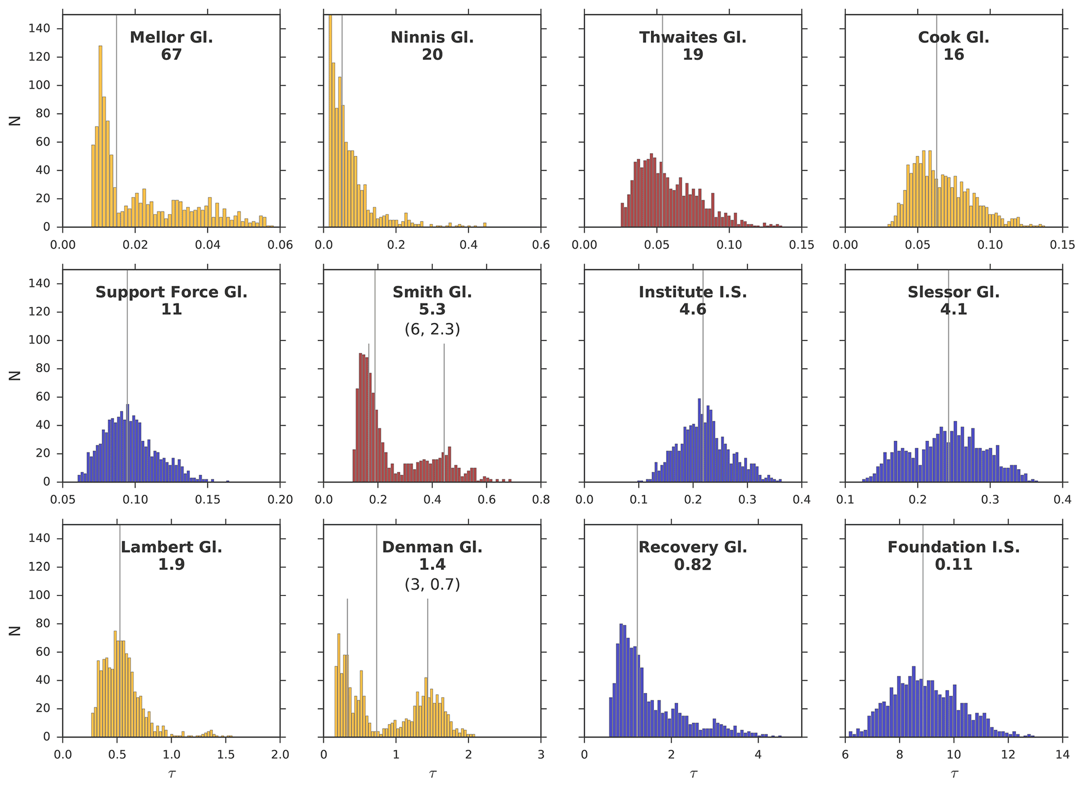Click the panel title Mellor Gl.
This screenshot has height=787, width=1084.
point(171,37)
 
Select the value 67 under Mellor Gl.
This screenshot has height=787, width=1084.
point(171,55)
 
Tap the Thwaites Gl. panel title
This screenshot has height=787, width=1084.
point(692,37)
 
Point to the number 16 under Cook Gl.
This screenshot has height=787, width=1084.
point(953,55)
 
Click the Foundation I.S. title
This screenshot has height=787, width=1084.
point(953,547)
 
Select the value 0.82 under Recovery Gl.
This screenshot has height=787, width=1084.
point(692,565)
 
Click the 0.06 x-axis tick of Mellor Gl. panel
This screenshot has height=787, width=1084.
point(280,244)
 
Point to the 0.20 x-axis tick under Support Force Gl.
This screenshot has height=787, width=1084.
point(280,499)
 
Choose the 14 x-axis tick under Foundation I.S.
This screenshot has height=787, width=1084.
point(1062,754)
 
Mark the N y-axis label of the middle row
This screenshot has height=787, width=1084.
point(15,376)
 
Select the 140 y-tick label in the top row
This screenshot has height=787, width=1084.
point(39,29)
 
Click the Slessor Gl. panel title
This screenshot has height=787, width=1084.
point(953,292)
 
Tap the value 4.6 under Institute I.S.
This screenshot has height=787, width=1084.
point(692,310)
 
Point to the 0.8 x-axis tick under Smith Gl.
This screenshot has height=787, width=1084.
point(541,499)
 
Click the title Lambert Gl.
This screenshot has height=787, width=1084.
point(171,547)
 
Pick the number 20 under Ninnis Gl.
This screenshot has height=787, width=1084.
point(432,55)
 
